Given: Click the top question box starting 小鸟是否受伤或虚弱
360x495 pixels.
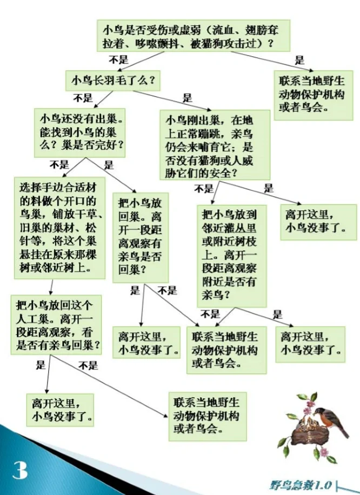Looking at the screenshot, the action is coord(194,35).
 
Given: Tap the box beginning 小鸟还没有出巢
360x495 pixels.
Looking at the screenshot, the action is coord(79,131).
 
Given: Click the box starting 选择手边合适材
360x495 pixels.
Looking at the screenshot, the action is coord(59,228).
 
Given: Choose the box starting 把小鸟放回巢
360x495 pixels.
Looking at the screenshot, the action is coord(139,236).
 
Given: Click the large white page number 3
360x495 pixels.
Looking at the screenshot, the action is coord(21,470).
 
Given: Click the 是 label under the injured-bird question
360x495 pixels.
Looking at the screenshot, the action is coord(299,60).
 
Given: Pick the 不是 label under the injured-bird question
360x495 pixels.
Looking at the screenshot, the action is coord(118,59).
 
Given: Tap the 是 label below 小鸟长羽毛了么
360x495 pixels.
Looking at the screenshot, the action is coord(188,98).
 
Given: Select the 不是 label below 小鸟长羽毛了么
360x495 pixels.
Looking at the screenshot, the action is coord(83,98).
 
